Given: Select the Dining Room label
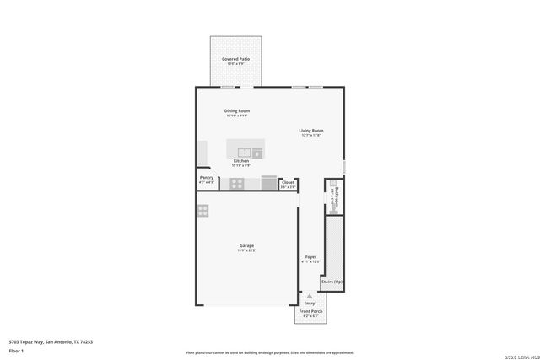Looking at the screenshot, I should pyautogui.click(x=236, y=110).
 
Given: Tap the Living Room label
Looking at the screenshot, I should pyautogui.click(x=311, y=131).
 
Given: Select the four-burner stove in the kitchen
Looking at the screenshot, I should pyautogui.click(x=237, y=183).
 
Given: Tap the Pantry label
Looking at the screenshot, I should pyautogui.click(x=206, y=178).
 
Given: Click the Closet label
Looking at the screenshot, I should pyautogui.click(x=288, y=181).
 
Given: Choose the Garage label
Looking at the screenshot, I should pyautogui.click(x=246, y=245).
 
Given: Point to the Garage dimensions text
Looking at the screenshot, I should pyautogui.click(x=246, y=250).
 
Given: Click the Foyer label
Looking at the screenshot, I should pyautogui.click(x=310, y=257).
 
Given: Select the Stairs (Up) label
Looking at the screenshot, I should pyautogui.click(x=332, y=282).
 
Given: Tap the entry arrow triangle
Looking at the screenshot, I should pyautogui.click(x=310, y=296).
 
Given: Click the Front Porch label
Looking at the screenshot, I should pyautogui.click(x=310, y=311).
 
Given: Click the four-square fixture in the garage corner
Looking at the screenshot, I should pyautogui.click(x=202, y=211).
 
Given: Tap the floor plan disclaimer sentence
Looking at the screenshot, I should pyautogui.click(x=269, y=353).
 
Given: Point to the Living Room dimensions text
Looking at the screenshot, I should pyautogui.click(x=311, y=136).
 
